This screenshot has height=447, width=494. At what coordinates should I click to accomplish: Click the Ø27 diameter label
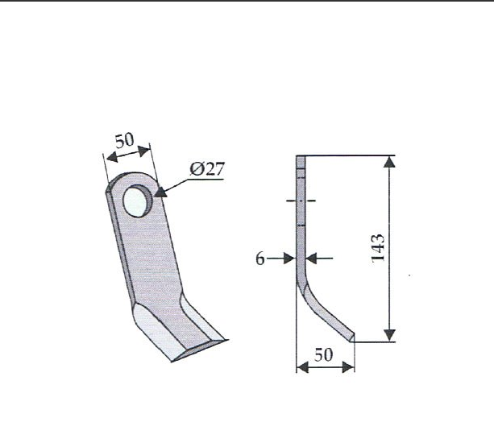coord(207,169)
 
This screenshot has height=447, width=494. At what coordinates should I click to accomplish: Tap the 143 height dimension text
coord(378,248)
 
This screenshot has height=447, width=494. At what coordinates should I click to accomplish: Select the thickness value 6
coord(260,259)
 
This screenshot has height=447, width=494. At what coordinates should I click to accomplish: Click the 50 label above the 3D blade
coord(124,140)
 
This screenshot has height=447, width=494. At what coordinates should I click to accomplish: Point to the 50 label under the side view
coord(323,354)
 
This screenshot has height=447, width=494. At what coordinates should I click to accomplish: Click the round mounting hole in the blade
coord(138,201)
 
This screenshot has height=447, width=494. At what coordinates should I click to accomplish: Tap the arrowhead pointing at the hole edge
coord(160,192)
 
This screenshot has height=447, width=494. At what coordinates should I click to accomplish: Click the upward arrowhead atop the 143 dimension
coord(390,162)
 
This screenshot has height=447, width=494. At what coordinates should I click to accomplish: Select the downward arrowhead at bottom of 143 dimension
coord(390,335)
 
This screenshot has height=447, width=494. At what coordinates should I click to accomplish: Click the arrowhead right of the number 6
coord(289,259)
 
